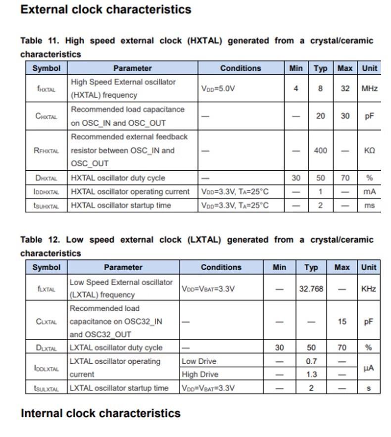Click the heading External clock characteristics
click(x=105, y=9)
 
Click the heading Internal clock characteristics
click(x=100, y=413)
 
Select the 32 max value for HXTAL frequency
click(x=345, y=89)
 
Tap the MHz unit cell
click(x=369, y=89)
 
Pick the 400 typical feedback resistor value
click(x=320, y=150)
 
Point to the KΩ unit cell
click(x=369, y=150)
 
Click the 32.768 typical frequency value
click(x=311, y=289)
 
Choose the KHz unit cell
click(x=368, y=289)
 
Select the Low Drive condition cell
click(x=199, y=361)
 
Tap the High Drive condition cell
click(x=200, y=374)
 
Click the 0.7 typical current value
click(x=311, y=361)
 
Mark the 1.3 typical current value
click(x=311, y=374)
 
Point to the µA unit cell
click(x=368, y=368)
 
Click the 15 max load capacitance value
click(x=342, y=321)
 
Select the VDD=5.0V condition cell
click(x=218, y=89)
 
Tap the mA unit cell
click(x=369, y=192)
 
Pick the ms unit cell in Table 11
click(x=369, y=205)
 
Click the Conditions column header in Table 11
click(x=241, y=68)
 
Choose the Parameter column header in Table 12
click(x=123, y=267)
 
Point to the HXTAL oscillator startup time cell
click(x=121, y=205)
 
